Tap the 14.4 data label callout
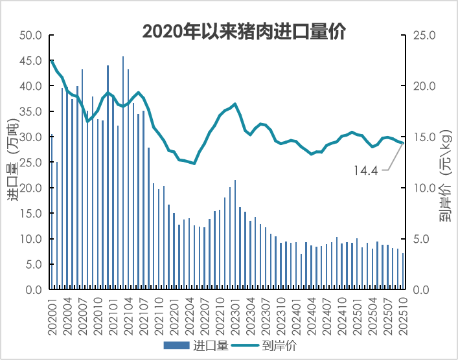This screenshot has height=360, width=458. click(x=366, y=171)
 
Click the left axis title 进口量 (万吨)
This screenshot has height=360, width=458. click(x=15, y=160)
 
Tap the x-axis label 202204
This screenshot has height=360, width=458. click(x=190, y=315)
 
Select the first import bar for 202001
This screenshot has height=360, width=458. click(x=51, y=175)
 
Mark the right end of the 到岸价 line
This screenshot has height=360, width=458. click(x=404, y=143)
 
